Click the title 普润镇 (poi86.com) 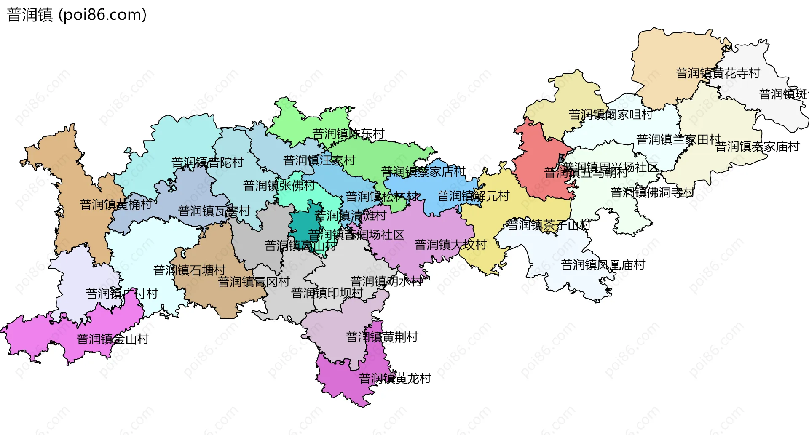pyautogui.click(x=77, y=15)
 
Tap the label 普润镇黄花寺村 pyautogui.click(x=718, y=73)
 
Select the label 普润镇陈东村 pyautogui.click(x=348, y=134)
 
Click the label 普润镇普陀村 pyautogui.click(x=207, y=162)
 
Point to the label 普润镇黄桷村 pyautogui.click(x=116, y=204)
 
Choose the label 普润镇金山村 pyautogui.click(x=113, y=339)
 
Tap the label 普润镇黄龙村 pyautogui.click(x=395, y=378)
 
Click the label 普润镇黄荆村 pyautogui.click(x=382, y=337)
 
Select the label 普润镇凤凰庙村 pyautogui.click(x=603, y=265)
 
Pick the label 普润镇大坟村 pyautogui.click(x=450, y=245)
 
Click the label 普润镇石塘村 pyautogui.click(x=189, y=270)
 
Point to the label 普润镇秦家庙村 pyautogui.click(x=757, y=147)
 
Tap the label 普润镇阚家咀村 pyautogui.click(x=610, y=114)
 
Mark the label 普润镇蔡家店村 pyautogui.click(x=423, y=172)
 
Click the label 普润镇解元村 pyautogui.click(x=473, y=196)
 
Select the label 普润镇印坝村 pyautogui.click(x=327, y=293)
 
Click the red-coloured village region pyautogui.click(x=541, y=168)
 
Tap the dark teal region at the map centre pyautogui.click(x=302, y=227)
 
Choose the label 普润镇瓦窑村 pyautogui.click(x=214, y=211)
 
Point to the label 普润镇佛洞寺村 pyautogui.click(x=652, y=192)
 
